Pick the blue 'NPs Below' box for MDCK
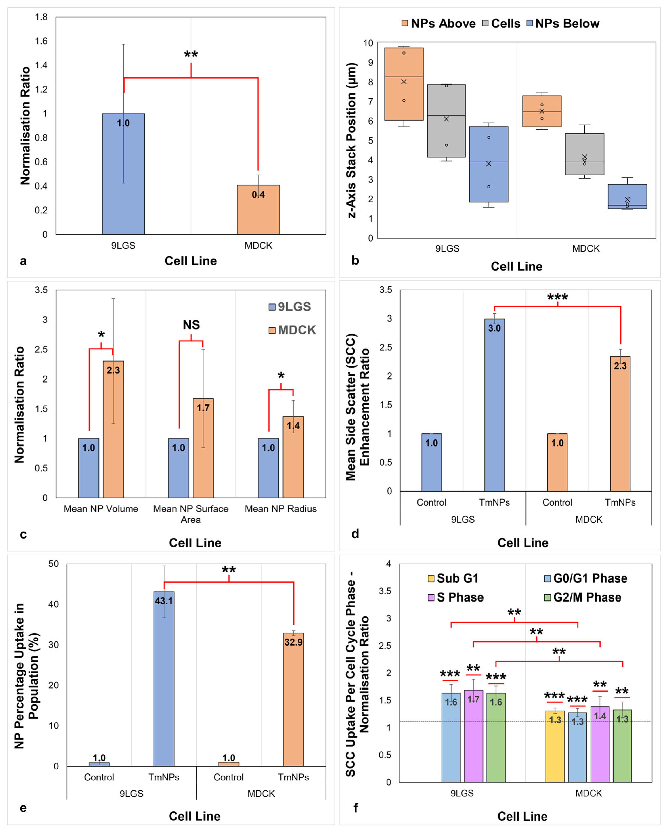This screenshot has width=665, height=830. (627, 196)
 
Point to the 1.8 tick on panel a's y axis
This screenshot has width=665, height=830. (41, 17)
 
